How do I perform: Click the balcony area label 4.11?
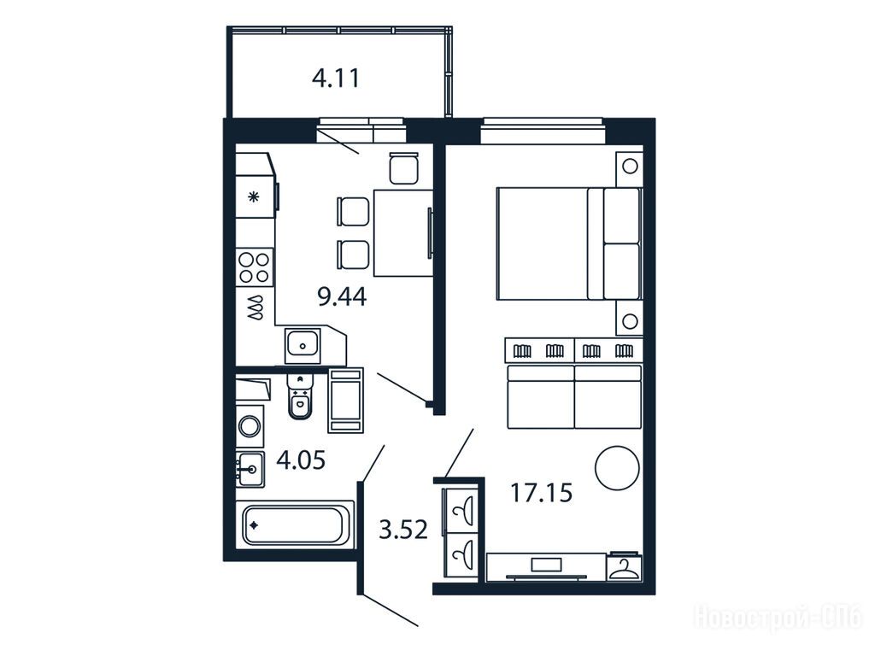click(336, 78)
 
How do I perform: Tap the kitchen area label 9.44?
click(342, 296)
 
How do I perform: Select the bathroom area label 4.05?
click(301, 460)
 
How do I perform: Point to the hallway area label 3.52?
click(403, 529)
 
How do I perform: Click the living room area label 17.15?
click(542, 493)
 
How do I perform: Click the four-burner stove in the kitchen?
click(255, 267)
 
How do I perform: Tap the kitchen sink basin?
click(302, 346)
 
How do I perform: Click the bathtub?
click(294, 524)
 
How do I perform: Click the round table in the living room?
click(617, 468)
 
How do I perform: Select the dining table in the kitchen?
click(403, 233)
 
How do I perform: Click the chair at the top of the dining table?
click(404, 168)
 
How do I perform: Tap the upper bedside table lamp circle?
click(630, 167)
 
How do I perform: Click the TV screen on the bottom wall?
click(547, 565)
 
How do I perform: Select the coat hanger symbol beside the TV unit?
click(625, 569)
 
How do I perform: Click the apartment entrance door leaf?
click(390, 610)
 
